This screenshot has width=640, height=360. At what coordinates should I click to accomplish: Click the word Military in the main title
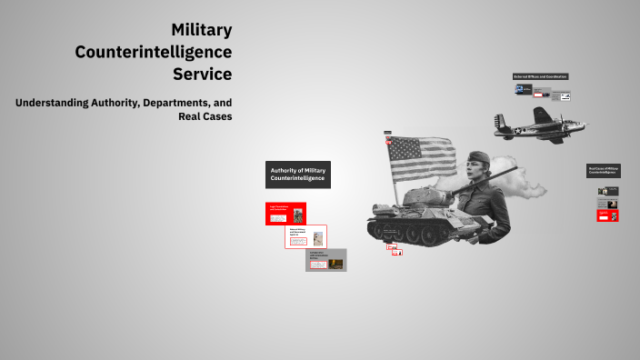tap(202, 31)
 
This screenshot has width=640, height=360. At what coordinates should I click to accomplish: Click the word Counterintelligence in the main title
tap(154, 52)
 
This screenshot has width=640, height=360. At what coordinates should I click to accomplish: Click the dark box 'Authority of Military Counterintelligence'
tap(298, 175)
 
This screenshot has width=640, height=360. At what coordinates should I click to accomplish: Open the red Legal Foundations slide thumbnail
tap(285, 213)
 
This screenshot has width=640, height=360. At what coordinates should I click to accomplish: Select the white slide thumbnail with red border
tap(305, 236)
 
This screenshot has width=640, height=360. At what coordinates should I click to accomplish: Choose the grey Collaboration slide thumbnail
tap(325, 260)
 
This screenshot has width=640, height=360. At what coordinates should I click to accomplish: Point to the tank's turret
tap(425, 195)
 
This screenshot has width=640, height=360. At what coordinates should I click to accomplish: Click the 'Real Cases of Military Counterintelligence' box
tap(603, 170)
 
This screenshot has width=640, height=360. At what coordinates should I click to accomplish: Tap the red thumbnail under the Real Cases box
tap(603, 216)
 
